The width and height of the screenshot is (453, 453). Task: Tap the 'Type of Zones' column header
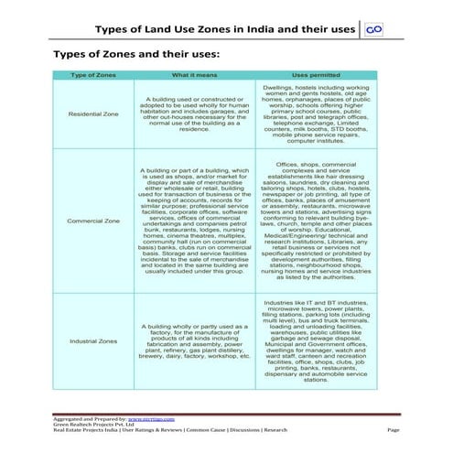[93, 74]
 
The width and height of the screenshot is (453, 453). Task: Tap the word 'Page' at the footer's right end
[394, 429]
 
